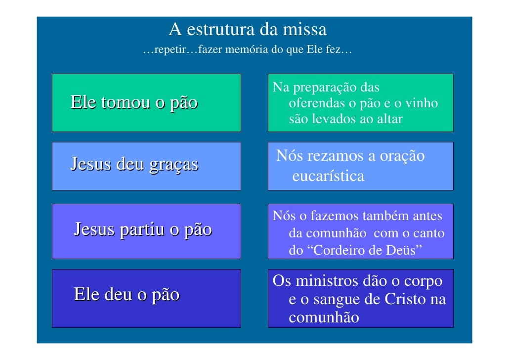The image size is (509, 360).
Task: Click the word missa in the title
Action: pos(304,30)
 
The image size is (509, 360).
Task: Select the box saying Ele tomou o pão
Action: pos(146,103)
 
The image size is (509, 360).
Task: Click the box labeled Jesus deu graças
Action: pos(146,166)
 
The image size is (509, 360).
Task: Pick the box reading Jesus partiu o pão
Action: pos(146,231)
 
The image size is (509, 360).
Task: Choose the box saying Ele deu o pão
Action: pos(146,298)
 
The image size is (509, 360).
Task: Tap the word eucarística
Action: pos(328,176)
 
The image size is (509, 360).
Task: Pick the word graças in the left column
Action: pos(172,164)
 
